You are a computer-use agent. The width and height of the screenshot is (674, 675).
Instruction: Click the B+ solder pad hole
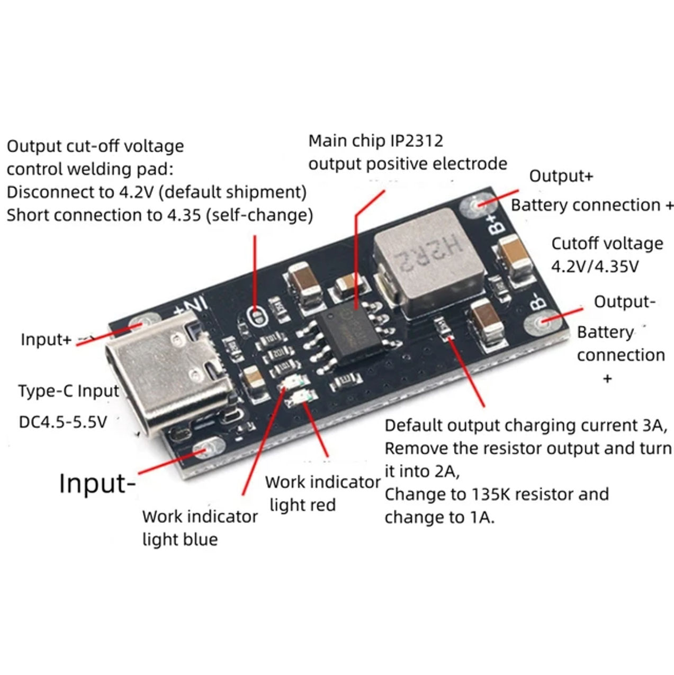[474, 206]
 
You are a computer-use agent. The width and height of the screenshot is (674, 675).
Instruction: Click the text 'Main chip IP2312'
[375, 141]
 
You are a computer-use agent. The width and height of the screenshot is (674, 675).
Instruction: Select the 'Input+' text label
[46, 340]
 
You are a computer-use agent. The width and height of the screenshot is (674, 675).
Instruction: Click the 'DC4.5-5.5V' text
[63, 422]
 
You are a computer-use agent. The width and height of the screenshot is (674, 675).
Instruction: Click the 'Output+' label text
[561, 176]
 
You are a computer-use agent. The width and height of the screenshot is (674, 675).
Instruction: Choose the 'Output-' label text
[624, 301]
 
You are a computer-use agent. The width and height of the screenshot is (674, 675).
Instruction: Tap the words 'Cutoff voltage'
[607, 244]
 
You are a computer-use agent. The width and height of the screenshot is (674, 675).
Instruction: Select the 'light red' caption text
[302, 505]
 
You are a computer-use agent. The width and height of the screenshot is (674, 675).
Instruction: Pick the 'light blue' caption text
[180, 539]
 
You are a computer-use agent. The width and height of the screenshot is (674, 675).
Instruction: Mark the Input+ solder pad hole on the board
[141, 324]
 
